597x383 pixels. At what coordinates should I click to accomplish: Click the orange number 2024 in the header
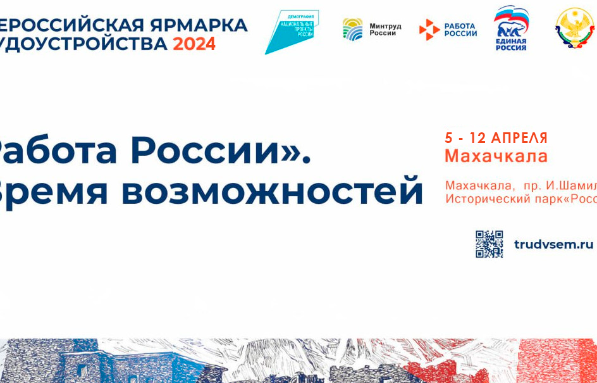[x=194, y=44]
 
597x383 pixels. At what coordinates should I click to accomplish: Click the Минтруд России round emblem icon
[x=352, y=29]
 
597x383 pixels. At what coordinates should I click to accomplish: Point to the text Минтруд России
[x=385, y=30]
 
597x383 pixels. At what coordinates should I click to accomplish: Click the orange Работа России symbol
[x=429, y=30]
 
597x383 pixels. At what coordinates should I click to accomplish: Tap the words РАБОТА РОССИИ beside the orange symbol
[x=460, y=30]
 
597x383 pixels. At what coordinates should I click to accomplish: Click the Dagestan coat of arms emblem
[x=575, y=28]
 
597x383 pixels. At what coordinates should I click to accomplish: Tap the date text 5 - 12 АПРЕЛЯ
[x=496, y=138]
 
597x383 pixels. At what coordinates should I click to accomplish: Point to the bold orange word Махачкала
[x=496, y=156]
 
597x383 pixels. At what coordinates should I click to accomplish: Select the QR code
[x=489, y=244]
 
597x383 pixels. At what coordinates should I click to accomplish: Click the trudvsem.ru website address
[x=553, y=244]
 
